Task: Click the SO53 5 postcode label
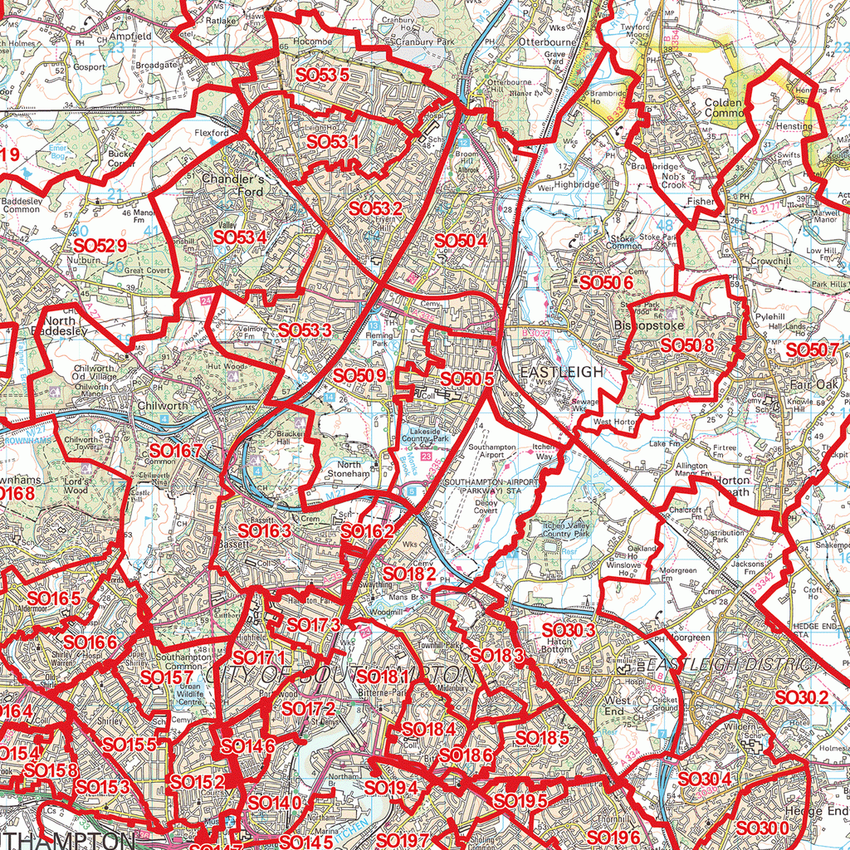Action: click(322, 75)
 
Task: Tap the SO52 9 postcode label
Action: click(100, 246)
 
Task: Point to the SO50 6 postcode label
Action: click(607, 282)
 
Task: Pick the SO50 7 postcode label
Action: click(812, 350)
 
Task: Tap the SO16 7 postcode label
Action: click(175, 451)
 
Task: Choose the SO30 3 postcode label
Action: click(569, 631)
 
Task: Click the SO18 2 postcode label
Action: click(410, 573)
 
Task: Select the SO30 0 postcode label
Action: click(762, 828)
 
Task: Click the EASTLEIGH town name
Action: click(561, 372)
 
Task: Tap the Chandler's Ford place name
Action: click(232, 185)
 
